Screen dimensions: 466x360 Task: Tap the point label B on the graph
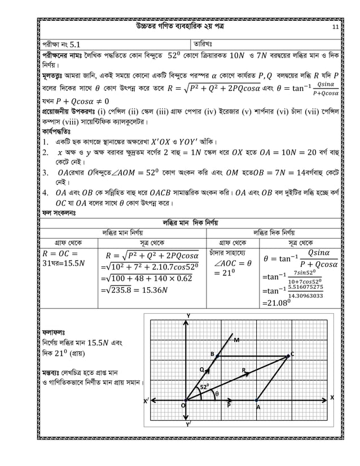coord(212,354)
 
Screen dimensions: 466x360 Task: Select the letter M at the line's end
coord(236,340)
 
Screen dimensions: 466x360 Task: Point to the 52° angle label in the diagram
coord(204,387)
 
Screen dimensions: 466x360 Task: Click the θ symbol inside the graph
coord(217,394)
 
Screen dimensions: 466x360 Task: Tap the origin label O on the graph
coord(182,406)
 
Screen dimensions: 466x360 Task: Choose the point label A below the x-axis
coord(258,407)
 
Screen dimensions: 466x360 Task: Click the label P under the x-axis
coord(229,406)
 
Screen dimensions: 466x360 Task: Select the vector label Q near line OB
coord(201,370)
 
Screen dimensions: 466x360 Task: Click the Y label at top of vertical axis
coord(188,315)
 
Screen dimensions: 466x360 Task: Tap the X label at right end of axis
coord(332,397)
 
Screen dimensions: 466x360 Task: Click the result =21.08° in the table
coord(278,303)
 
